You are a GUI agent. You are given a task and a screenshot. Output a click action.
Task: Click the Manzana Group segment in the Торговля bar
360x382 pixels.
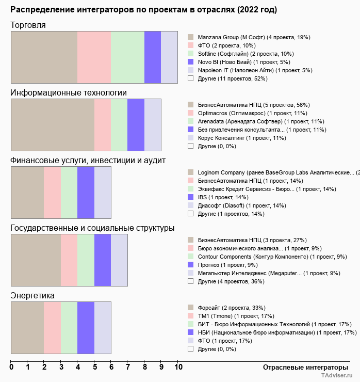(x=44, y=57)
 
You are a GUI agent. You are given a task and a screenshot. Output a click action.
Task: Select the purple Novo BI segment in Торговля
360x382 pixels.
(x=153, y=57)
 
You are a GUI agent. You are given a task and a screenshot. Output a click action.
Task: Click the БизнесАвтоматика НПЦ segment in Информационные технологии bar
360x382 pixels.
(x=53, y=124)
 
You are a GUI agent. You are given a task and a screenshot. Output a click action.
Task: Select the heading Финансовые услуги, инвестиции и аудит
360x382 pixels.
(x=88, y=161)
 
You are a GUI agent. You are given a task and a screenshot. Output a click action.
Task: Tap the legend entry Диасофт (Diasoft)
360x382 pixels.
(x=241, y=205)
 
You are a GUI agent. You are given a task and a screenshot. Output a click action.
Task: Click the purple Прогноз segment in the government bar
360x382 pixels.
(x=103, y=260)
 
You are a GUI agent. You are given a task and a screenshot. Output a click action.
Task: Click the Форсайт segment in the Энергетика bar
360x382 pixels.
(x=27, y=328)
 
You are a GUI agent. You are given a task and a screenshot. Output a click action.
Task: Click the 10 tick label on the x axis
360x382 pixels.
(x=178, y=367)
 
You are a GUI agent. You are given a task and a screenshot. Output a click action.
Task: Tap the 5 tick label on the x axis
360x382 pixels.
(x=94, y=367)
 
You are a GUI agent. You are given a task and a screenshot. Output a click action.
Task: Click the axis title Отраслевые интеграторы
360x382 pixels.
(x=300, y=367)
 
